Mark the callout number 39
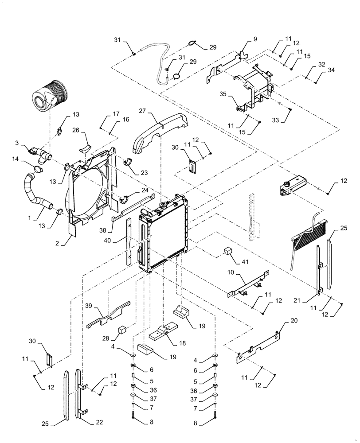coord(89,306)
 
